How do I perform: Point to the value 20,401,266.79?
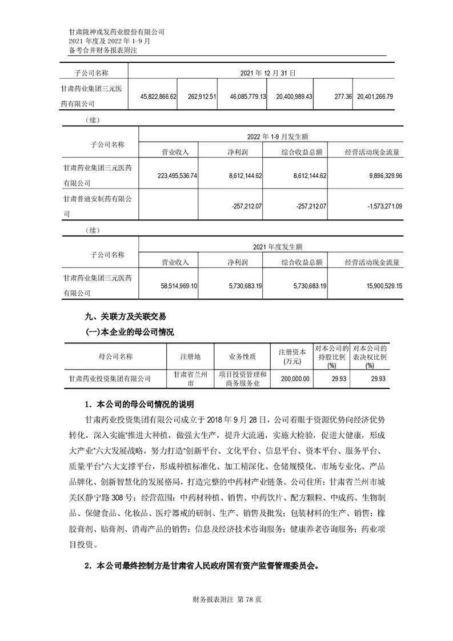(374, 97)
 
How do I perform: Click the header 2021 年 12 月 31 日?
(267, 73)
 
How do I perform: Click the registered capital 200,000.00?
(294, 378)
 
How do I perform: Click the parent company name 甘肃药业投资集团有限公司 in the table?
(109, 378)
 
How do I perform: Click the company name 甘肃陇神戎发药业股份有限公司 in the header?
(117, 33)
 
